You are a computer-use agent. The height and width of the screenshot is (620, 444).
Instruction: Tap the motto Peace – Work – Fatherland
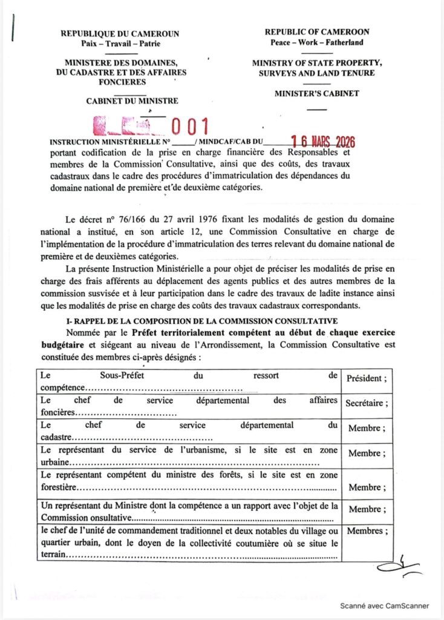[x=317, y=42]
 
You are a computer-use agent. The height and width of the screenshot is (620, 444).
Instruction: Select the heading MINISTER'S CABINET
[x=316, y=94]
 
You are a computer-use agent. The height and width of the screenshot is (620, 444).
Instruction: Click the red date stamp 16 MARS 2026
[x=322, y=142]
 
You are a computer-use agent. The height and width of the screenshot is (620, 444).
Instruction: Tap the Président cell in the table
[x=366, y=378]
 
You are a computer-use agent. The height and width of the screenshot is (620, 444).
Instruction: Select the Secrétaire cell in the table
[x=366, y=403]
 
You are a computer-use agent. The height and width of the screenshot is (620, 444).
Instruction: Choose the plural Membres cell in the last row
[x=366, y=531]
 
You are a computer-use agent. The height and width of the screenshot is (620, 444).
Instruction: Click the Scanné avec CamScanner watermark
[x=384, y=605]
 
